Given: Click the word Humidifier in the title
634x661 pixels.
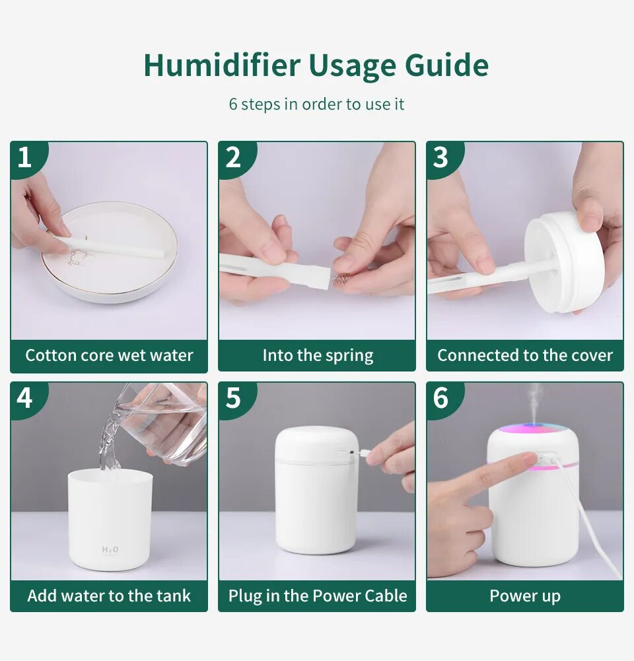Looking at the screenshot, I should click(222, 65).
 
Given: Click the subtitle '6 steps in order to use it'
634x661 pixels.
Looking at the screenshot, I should click(316, 104).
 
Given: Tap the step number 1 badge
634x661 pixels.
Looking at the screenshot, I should click(25, 158).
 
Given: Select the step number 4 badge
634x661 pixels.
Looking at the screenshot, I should click(25, 399).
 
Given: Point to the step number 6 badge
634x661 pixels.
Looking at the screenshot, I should click(441, 399).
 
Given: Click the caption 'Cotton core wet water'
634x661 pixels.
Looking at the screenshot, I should click(109, 356).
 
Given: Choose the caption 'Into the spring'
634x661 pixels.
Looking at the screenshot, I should click(317, 356).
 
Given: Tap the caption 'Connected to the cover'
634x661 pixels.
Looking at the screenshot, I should click(525, 356).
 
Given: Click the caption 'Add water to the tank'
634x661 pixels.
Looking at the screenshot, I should click(109, 596).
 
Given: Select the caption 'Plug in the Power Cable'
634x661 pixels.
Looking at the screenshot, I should click(317, 596).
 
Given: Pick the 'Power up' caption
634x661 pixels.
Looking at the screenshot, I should click(525, 596).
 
